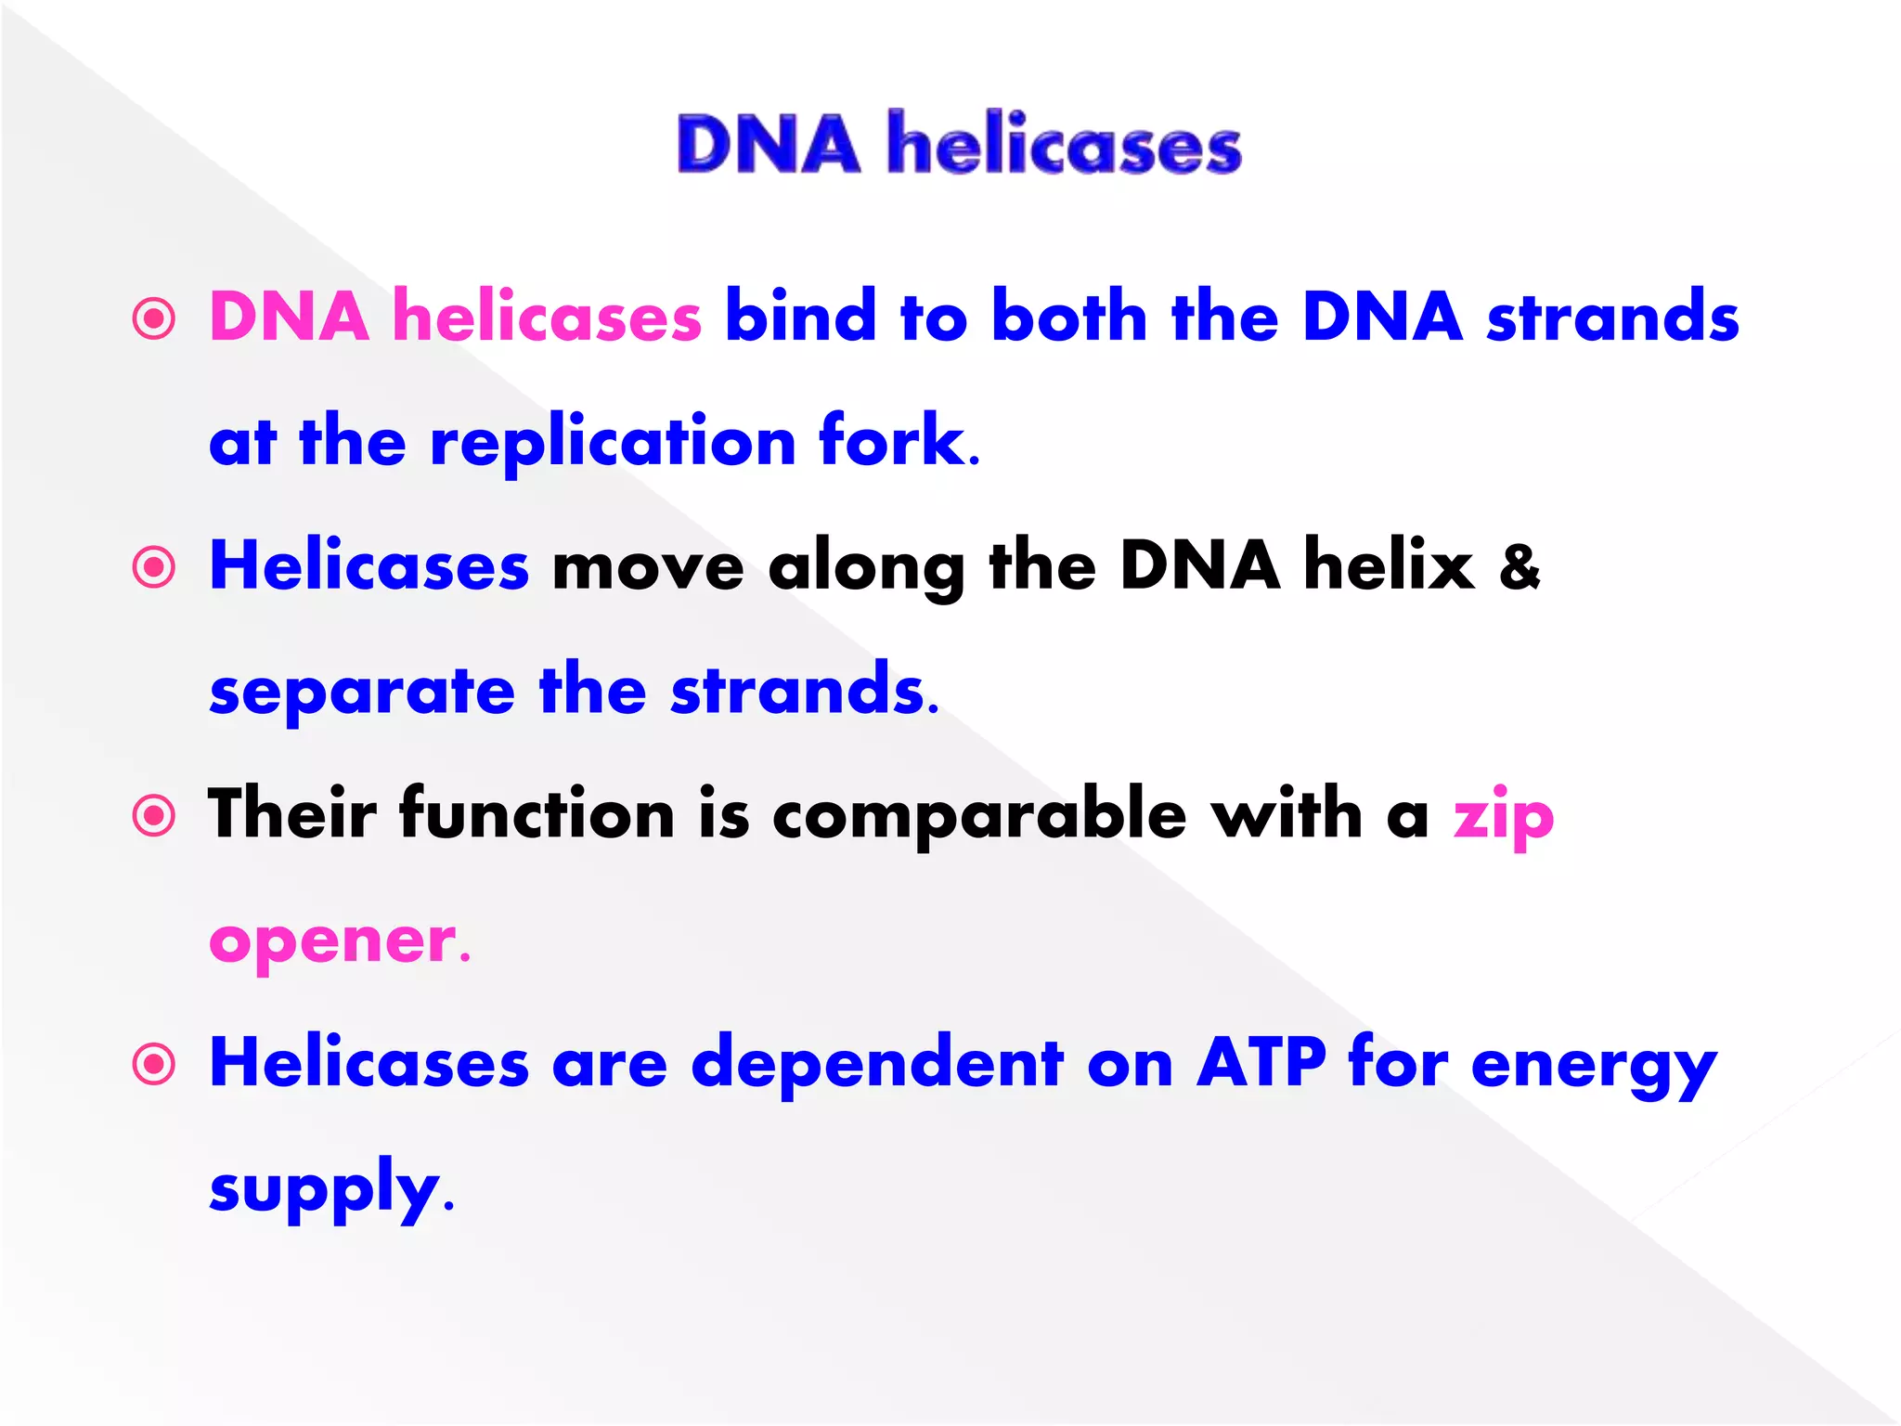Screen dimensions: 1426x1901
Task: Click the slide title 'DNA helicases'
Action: click(x=959, y=144)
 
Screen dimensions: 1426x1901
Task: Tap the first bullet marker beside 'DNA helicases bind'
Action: click(x=154, y=318)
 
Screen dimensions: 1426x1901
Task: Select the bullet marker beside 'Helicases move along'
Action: click(x=154, y=567)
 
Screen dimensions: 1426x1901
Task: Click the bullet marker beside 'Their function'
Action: click(x=154, y=816)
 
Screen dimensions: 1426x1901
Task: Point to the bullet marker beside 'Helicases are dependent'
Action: click(x=154, y=1064)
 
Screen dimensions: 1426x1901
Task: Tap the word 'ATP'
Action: click(x=1261, y=1061)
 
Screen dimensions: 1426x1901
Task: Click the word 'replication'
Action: click(x=613, y=443)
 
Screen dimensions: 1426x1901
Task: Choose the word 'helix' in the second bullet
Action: click(x=1389, y=564)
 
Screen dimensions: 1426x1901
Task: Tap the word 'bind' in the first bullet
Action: click(x=800, y=316)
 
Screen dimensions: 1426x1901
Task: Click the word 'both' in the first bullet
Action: click(x=1069, y=316)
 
